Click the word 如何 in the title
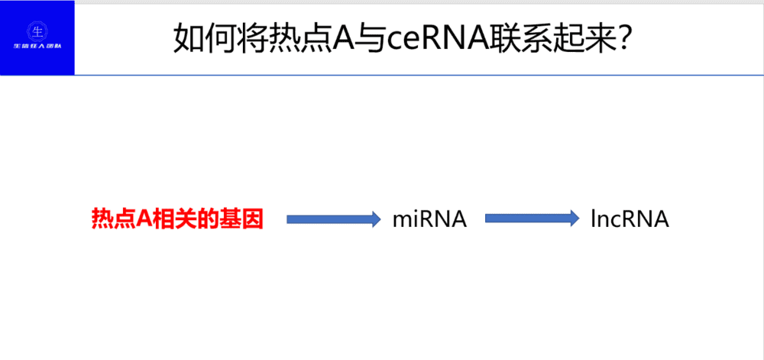point(202,37)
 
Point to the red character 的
point(202,219)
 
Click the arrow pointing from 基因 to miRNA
point(333,219)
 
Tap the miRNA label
point(429,219)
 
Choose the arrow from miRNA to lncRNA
point(532,219)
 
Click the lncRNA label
point(630,219)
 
